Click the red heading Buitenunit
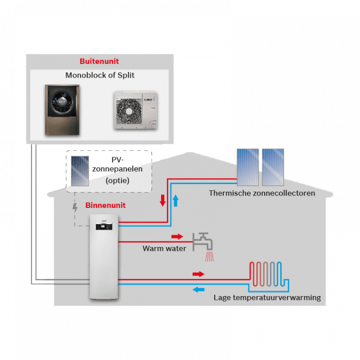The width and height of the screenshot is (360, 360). tap(99, 62)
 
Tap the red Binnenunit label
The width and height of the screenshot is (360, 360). tap(105, 206)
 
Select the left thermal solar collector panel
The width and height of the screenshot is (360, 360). tap(248, 167)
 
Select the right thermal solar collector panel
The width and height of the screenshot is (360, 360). tap(273, 167)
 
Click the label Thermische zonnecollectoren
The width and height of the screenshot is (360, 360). tap(262, 193)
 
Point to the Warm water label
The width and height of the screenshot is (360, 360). tap(161, 248)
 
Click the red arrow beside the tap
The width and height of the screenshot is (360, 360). tap(177, 237)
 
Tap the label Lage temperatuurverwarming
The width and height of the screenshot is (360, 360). tap(267, 298)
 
